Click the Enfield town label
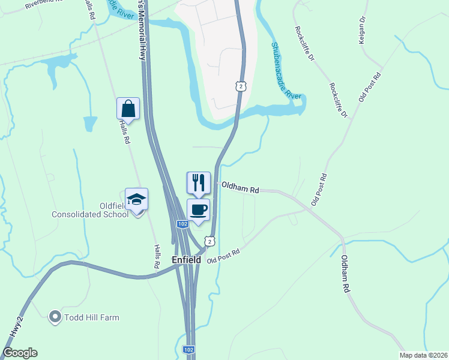click(x=186, y=260)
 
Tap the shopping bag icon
click(x=128, y=109)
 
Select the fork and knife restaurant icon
click(x=199, y=182)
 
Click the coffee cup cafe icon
click(x=199, y=210)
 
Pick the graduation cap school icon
click(x=137, y=200)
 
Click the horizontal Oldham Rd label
click(x=240, y=188)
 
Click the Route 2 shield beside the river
click(x=241, y=86)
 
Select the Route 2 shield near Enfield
click(x=209, y=241)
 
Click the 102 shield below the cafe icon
click(x=184, y=224)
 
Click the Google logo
click(x=20, y=353)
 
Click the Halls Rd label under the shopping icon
click(x=125, y=131)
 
